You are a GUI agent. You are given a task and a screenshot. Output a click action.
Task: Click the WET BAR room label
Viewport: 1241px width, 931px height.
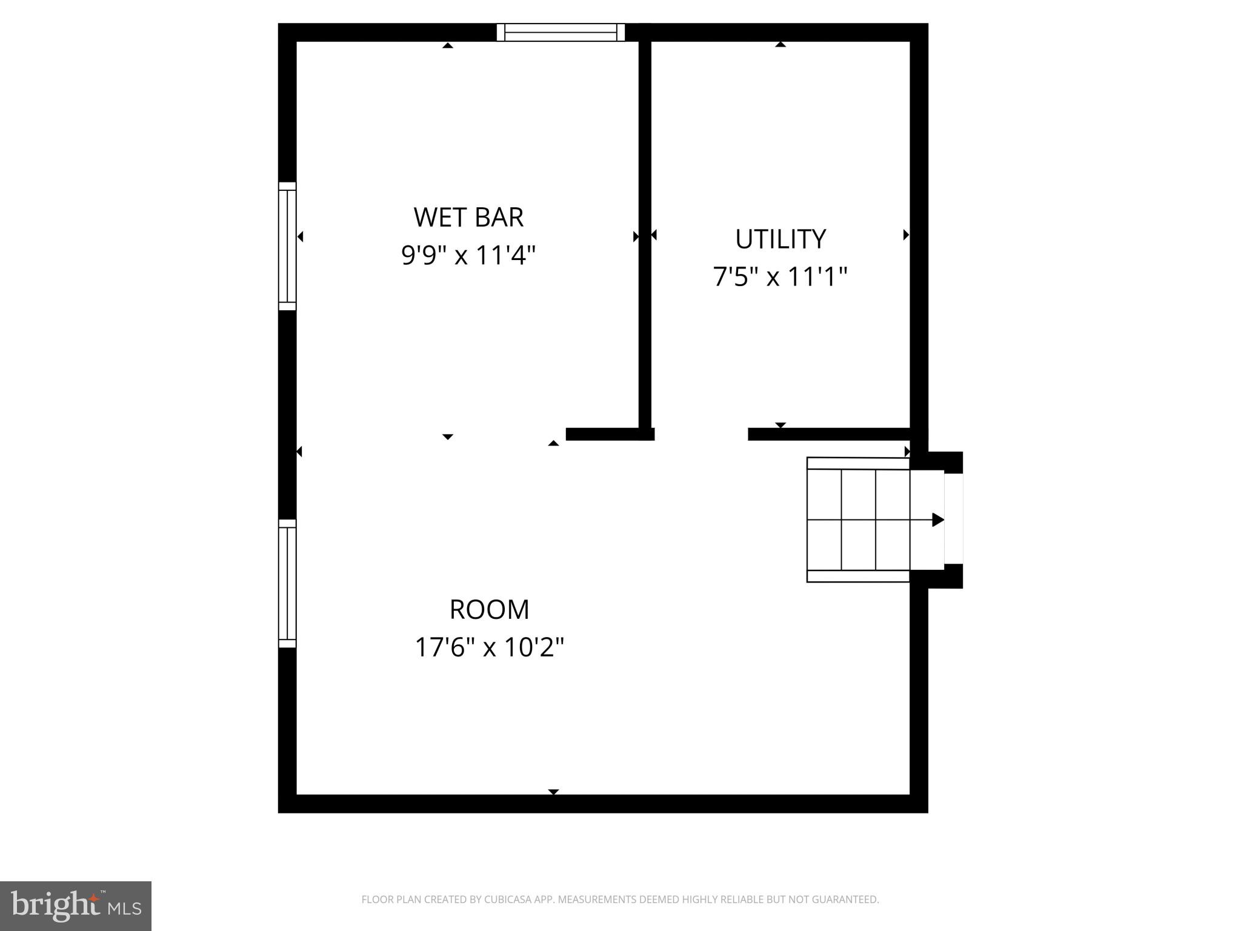pyautogui.click(x=468, y=218)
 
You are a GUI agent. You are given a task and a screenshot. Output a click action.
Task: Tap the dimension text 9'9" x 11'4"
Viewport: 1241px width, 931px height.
pyautogui.click(x=468, y=255)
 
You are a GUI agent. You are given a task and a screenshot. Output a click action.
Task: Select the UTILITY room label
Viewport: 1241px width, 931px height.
pyautogui.click(x=780, y=239)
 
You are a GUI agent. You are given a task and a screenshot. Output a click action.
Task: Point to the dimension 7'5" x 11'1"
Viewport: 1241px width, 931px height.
pyautogui.click(x=780, y=277)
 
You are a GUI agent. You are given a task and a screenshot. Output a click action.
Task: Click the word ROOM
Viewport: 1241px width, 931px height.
pyautogui.click(x=489, y=610)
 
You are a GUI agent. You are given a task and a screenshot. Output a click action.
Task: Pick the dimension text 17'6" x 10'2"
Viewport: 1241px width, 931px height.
pyautogui.click(x=489, y=647)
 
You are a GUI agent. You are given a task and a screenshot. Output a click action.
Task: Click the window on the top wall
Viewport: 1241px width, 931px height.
pyautogui.click(x=561, y=32)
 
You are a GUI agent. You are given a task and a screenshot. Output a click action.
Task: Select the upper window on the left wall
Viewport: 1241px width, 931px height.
pyautogui.click(x=287, y=246)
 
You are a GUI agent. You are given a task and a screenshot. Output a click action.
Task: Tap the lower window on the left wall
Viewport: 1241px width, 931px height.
pyautogui.click(x=287, y=583)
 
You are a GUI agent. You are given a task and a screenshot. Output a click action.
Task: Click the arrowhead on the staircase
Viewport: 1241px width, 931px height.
pyautogui.click(x=937, y=519)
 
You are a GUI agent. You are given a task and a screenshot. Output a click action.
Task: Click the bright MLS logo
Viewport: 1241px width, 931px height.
pyautogui.click(x=75, y=906)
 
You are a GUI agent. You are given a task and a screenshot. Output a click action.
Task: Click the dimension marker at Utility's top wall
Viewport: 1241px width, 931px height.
pyautogui.click(x=780, y=44)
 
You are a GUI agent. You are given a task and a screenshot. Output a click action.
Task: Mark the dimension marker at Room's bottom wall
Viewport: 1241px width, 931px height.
pyautogui.click(x=553, y=792)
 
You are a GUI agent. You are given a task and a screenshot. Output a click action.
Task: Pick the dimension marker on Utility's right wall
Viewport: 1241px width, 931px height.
pyautogui.click(x=906, y=235)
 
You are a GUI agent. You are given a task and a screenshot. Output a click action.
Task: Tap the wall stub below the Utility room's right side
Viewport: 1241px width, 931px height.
pyautogui.click(x=829, y=434)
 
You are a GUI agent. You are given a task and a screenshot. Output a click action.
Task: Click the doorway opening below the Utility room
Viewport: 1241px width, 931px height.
pyautogui.click(x=701, y=434)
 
